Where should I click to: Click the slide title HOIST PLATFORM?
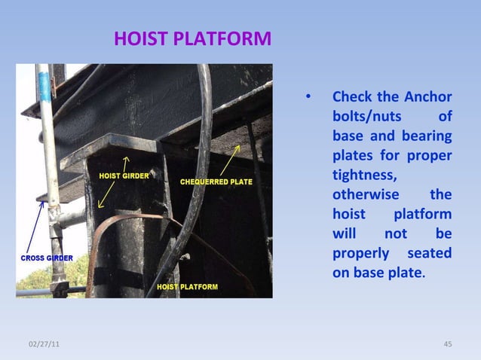[192, 38]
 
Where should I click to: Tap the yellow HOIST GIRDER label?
[124, 175]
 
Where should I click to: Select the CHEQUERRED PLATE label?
[216, 182]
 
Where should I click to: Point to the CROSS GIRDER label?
[46, 258]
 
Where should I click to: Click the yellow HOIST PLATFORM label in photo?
[187, 287]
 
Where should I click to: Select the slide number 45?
[447, 344]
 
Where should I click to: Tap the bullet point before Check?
[308, 98]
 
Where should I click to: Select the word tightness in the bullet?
[364, 175]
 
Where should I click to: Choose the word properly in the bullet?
[360, 253]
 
